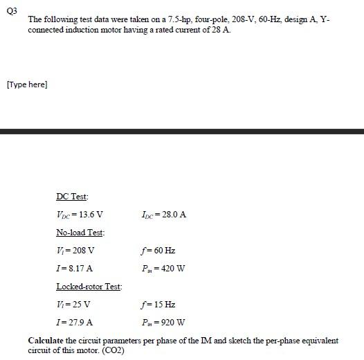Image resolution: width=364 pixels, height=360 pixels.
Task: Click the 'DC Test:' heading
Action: pos(71,197)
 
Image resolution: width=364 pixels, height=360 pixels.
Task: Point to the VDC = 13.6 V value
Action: pos(80,215)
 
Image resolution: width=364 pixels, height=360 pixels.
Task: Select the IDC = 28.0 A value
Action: pos(163,215)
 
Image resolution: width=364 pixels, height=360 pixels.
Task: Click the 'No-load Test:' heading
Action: pos(80,233)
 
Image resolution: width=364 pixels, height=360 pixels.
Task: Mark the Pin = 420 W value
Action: pos(163,268)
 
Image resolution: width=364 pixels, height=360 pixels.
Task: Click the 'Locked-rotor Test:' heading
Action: pos(89,286)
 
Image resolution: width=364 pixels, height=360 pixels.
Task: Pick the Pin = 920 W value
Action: pos(163,322)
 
